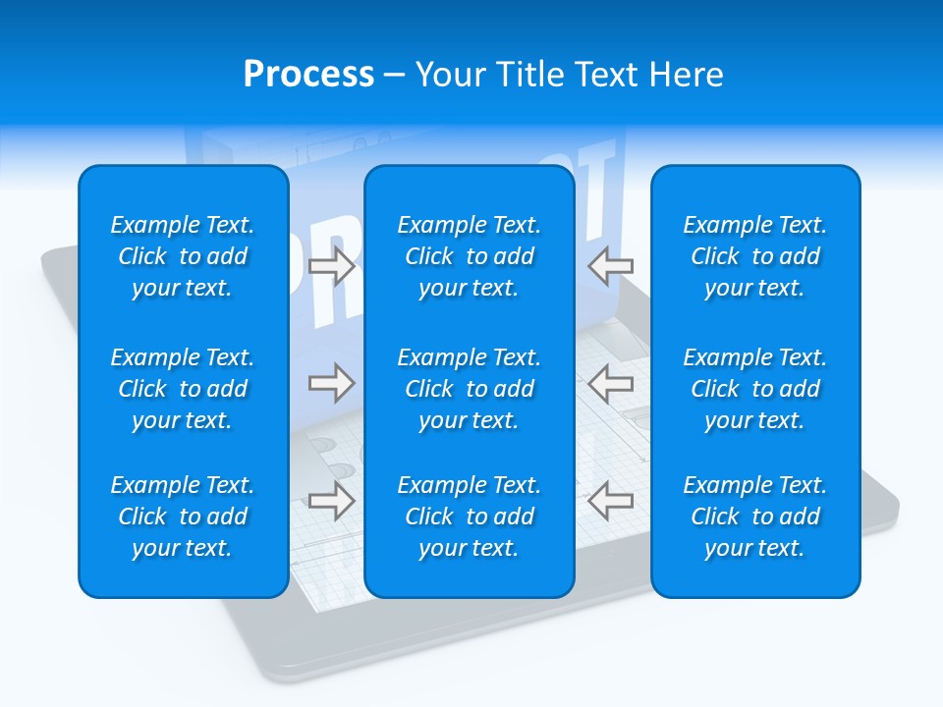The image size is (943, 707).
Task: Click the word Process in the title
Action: click(308, 75)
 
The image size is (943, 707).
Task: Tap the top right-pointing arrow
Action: click(332, 266)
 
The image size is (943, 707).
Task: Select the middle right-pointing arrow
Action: click(332, 382)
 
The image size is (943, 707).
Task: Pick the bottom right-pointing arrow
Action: click(332, 501)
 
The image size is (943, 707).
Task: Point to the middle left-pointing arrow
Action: click(610, 382)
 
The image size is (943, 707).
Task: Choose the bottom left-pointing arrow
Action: click(610, 501)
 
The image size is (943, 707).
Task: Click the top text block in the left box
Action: click(183, 256)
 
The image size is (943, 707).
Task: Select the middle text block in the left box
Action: click(183, 389)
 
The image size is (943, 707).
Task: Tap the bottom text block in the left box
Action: click(183, 517)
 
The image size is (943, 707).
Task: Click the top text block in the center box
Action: click(469, 256)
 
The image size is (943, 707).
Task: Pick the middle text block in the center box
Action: click(469, 389)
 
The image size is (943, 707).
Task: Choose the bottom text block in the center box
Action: click(469, 517)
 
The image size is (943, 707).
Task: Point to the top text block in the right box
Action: click(754, 256)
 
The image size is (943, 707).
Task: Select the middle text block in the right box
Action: click(754, 389)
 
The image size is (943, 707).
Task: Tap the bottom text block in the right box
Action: click(754, 517)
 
